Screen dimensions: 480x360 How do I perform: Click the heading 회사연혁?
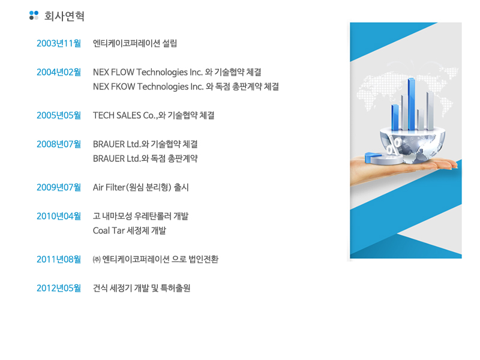point(64,16)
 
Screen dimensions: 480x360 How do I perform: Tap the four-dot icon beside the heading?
point(34,16)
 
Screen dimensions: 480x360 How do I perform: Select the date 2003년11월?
point(59,43)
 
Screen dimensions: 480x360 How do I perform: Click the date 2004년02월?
point(59,72)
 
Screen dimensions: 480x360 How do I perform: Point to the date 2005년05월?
point(59,115)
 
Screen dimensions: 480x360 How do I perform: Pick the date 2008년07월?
point(59,144)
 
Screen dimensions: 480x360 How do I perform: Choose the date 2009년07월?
point(59,187)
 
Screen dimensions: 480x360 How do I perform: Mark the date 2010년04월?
point(59,216)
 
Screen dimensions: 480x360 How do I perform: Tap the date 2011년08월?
point(59,259)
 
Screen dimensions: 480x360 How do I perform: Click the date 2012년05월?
point(59,288)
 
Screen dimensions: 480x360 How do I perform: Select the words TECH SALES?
point(117,115)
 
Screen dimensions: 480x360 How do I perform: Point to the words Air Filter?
point(109,187)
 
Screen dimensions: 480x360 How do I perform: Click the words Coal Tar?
point(109,230)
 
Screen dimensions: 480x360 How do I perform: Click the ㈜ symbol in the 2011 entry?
point(97,260)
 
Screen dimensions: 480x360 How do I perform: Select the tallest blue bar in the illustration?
point(412,104)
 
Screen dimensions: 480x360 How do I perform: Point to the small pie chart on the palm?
point(383,158)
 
